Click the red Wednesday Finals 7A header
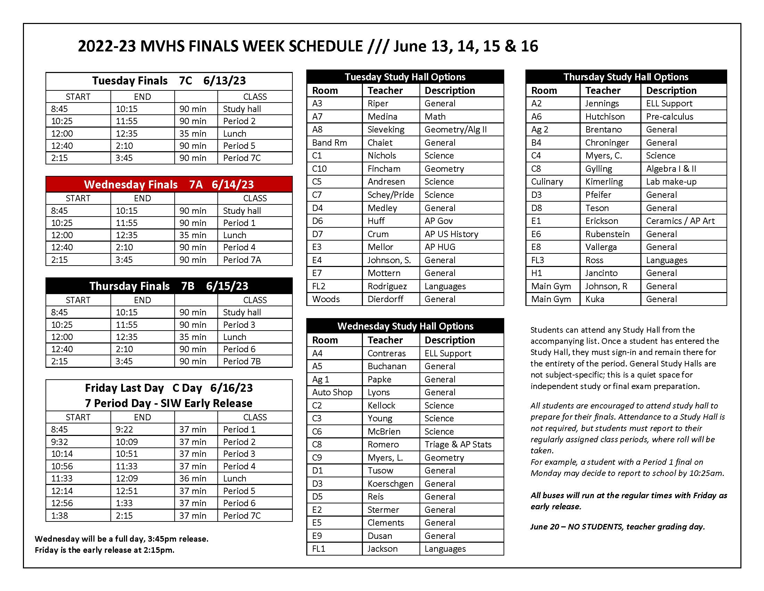(x=169, y=185)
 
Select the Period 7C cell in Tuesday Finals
(x=242, y=158)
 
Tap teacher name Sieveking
(x=385, y=130)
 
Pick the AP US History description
(x=451, y=234)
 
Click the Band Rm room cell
(x=329, y=143)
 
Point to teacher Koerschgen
(x=390, y=484)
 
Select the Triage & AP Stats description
(x=458, y=444)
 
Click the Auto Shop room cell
(x=332, y=392)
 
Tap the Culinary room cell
(x=547, y=182)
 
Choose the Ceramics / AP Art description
(x=680, y=221)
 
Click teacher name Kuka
(x=595, y=299)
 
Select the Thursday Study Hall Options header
(x=625, y=77)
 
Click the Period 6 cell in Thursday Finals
(x=239, y=349)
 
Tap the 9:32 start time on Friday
(x=59, y=442)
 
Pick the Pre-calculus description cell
(x=669, y=116)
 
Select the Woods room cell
(x=326, y=299)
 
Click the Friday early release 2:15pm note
(x=104, y=550)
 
